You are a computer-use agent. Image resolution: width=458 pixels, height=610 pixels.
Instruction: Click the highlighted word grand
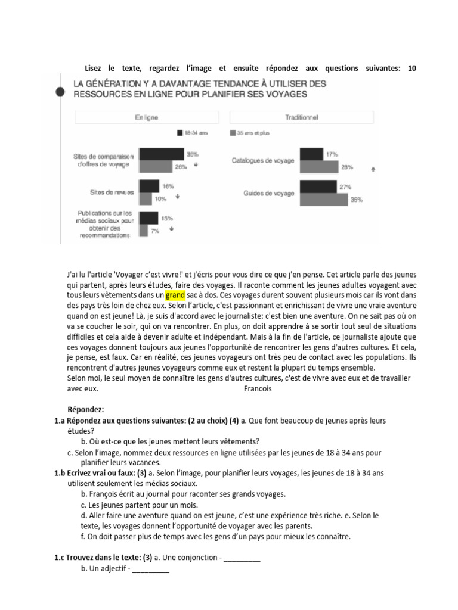[x=175, y=295]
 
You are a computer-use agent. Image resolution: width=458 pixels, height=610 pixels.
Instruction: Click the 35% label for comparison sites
[x=193, y=154]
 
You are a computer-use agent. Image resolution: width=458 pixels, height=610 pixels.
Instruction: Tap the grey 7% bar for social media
[x=143, y=229]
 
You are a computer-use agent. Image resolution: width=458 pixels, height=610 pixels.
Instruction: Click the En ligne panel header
[x=147, y=118]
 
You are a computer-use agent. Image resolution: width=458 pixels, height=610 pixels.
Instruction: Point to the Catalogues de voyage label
[x=262, y=161]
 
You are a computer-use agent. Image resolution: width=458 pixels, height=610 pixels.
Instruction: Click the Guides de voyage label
[x=268, y=193]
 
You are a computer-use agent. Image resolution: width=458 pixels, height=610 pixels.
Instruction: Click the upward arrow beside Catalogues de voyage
[x=373, y=169]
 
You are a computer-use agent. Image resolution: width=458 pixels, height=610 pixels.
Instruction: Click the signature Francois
[x=258, y=389]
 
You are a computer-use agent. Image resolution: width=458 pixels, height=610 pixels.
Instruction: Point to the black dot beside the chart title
[x=60, y=92]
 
